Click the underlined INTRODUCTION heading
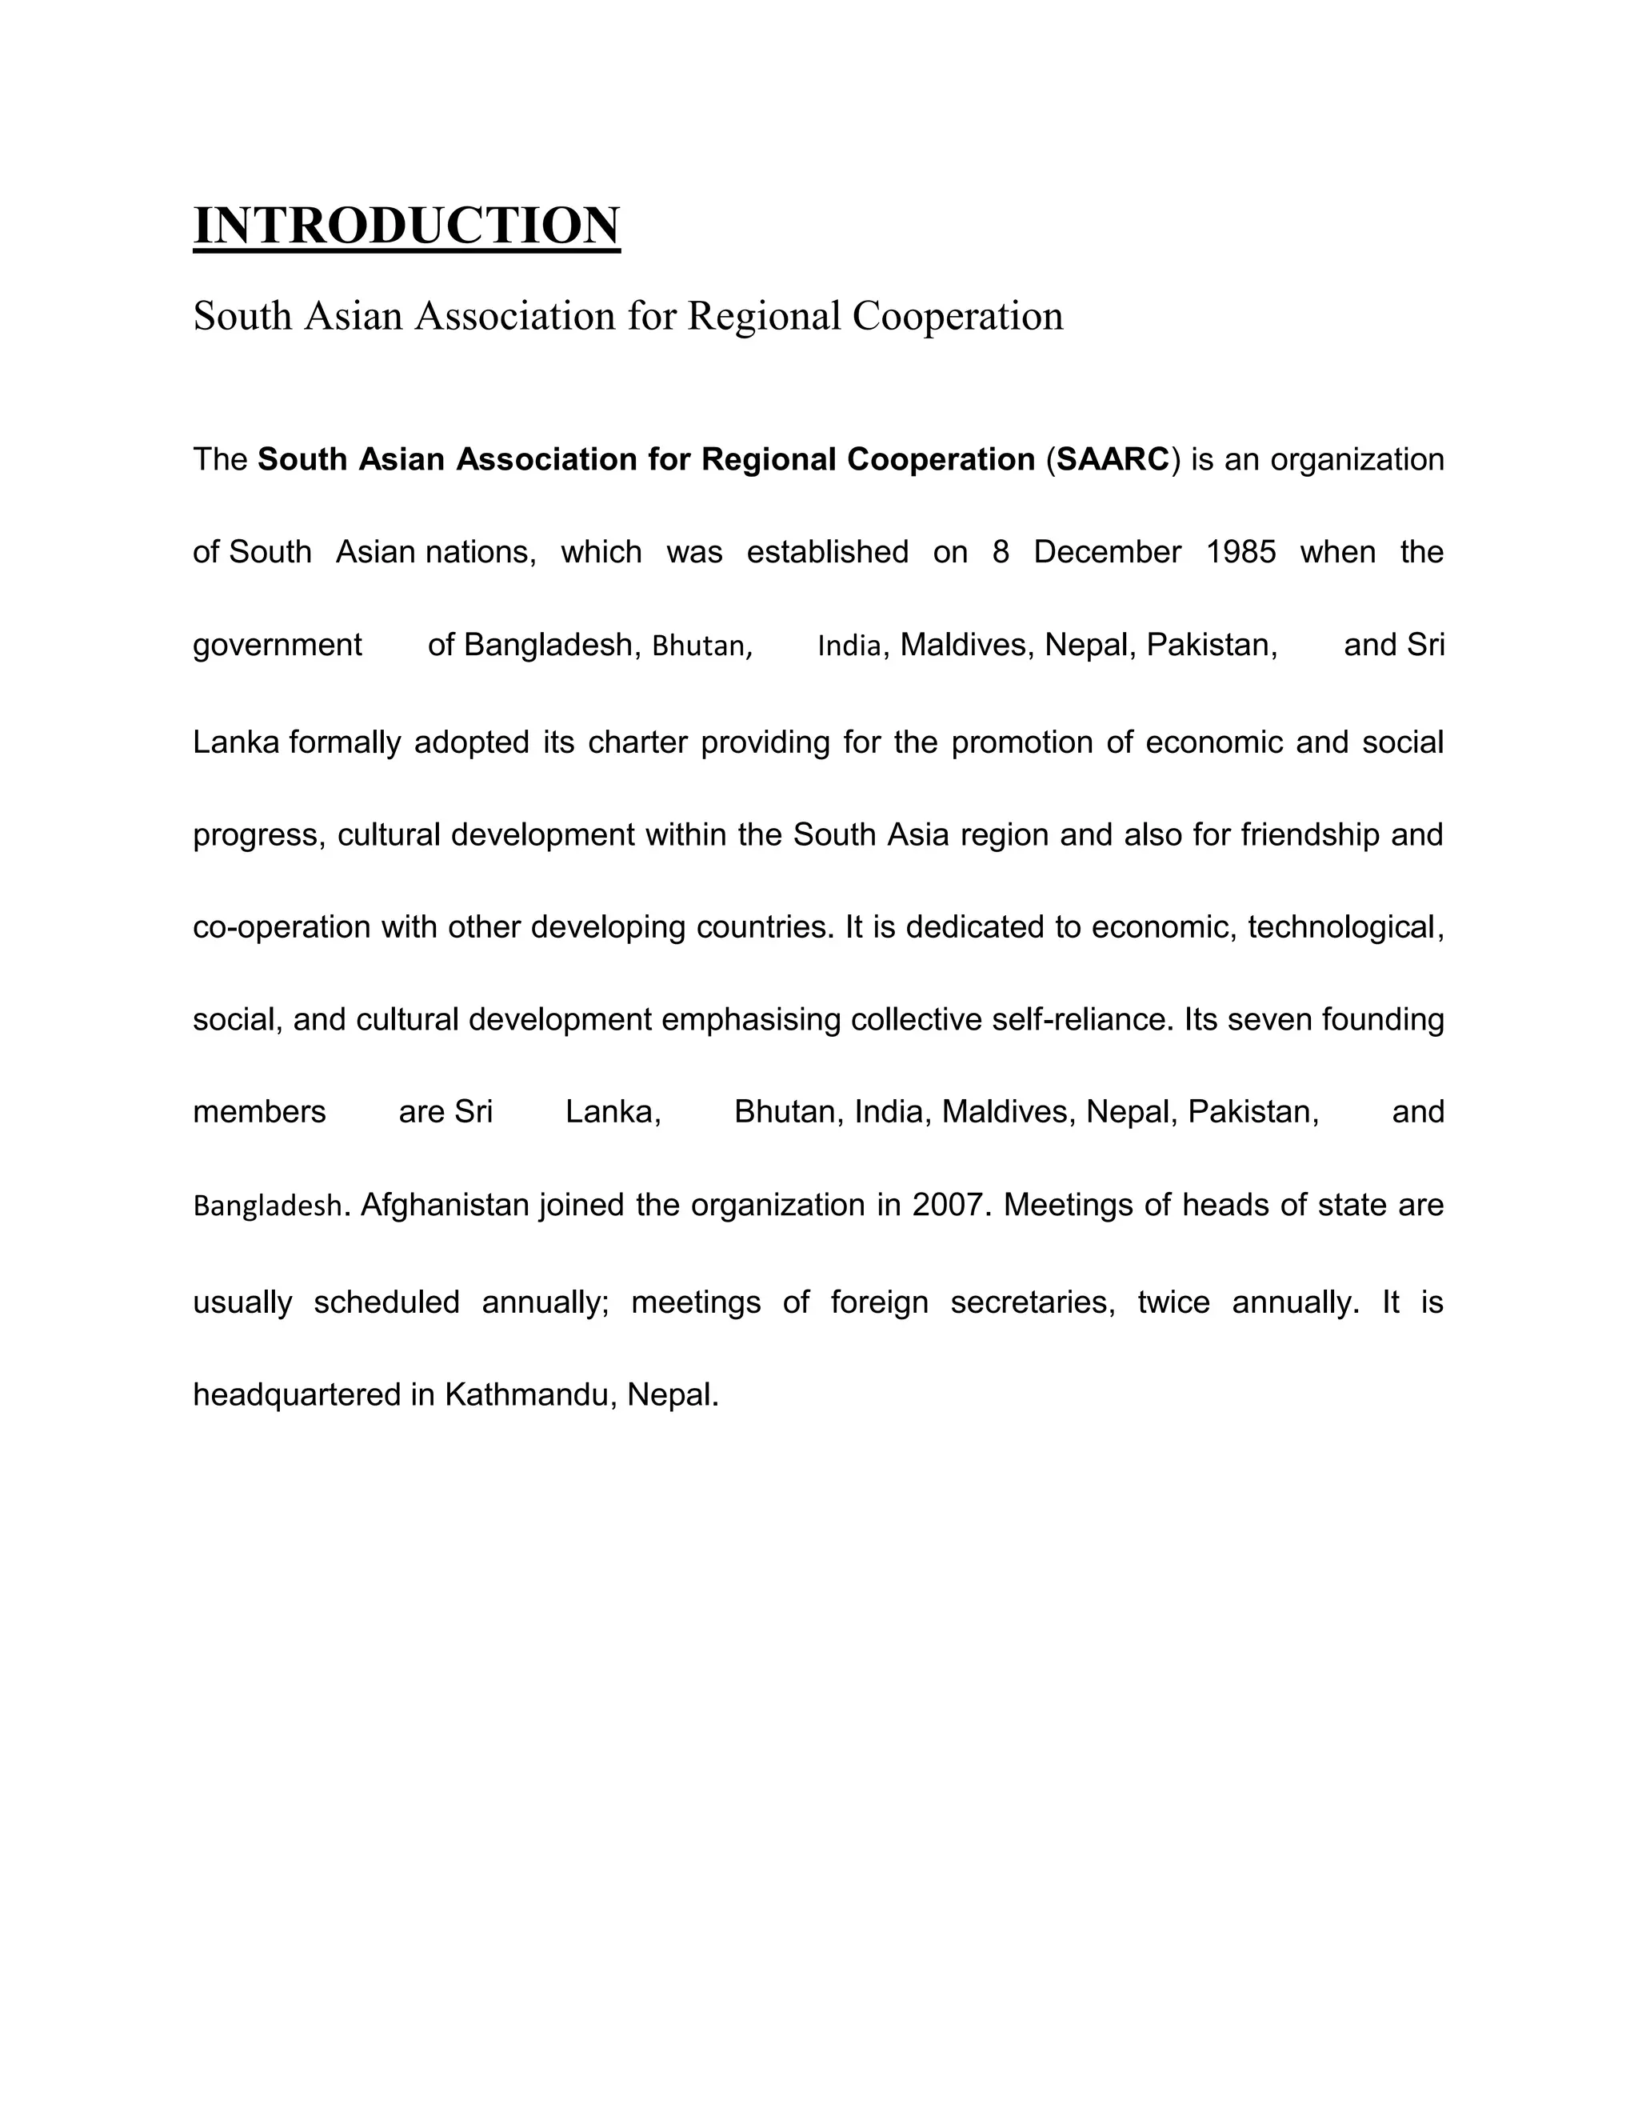click(406, 226)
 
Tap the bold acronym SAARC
click(1113, 459)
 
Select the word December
click(1107, 552)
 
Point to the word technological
click(1341, 928)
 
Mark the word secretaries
click(1029, 1302)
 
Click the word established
click(828, 552)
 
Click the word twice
click(1173, 1302)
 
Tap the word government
click(278, 646)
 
